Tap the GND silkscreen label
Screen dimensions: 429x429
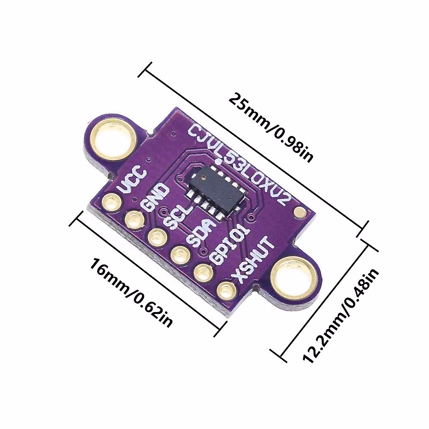pos(155,197)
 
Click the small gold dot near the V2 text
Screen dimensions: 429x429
pos(299,213)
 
